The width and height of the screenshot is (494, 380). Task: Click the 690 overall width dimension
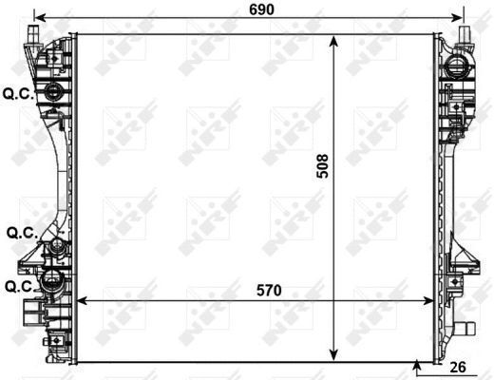pyautogui.click(x=261, y=9)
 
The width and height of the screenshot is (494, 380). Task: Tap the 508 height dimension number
pyautogui.click(x=323, y=166)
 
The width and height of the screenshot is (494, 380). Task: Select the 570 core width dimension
pyautogui.click(x=269, y=291)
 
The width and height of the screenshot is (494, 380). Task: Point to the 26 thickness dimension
pyautogui.click(x=458, y=367)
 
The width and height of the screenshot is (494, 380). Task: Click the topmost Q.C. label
pyautogui.click(x=18, y=94)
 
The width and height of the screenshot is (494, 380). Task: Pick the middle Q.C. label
pyautogui.click(x=22, y=234)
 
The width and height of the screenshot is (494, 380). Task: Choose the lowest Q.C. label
pyautogui.click(x=20, y=287)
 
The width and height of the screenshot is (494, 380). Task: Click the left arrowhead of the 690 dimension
pyautogui.click(x=40, y=18)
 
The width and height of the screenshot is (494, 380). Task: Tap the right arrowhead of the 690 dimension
pyautogui.click(x=457, y=18)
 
